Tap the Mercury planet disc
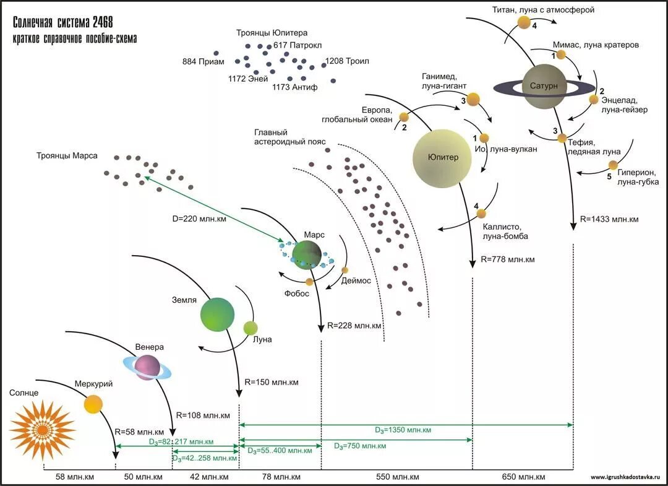[x=93, y=404]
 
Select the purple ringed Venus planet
[x=147, y=367]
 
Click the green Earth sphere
[x=217, y=314]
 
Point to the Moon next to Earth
[x=250, y=328]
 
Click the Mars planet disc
[x=307, y=254]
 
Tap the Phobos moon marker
[x=309, y=282]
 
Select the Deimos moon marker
[x=345, y=270]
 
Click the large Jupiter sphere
[x=442, y=158]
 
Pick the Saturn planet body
[x=544, y=87]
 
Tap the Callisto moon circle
[x=481, y=213]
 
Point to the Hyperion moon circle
[x=612, y=165]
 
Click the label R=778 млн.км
[x=507, y=259]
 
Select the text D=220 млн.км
[x=199, y=219]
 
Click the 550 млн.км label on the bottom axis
[x=398, y=477]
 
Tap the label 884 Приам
[x=203, y=62]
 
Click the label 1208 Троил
[x=347, y=61]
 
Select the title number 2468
[x=103, y=22]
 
